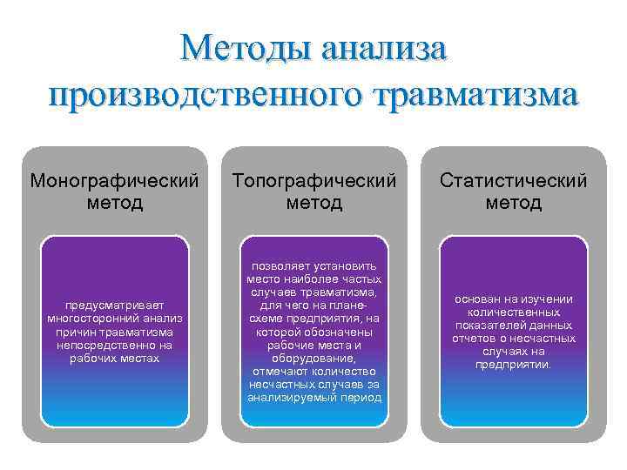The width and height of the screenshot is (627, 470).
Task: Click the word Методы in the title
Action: [243, 44]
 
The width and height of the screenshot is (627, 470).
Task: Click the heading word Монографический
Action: [114, 181]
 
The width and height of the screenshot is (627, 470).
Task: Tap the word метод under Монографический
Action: [114, 204]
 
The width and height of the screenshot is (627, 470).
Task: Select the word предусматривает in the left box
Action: [114, 305]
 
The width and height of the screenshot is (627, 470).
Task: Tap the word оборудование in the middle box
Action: [313, 358]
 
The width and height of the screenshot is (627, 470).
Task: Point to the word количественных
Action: [514, 312]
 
